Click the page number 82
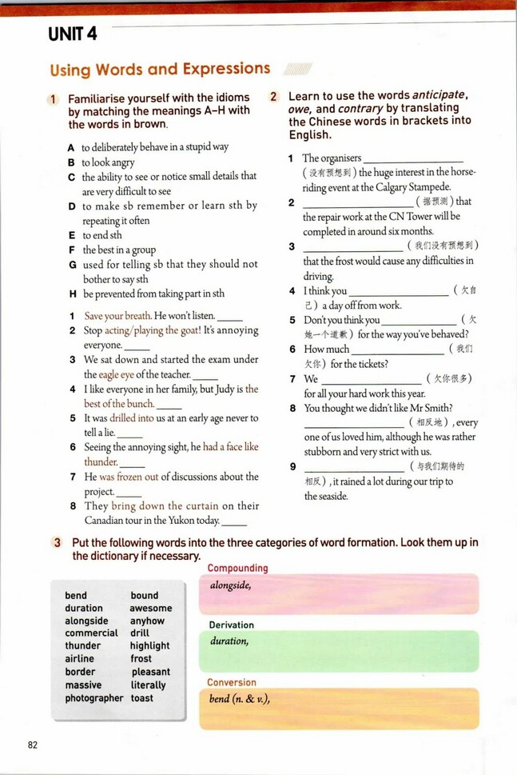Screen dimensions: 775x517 (33, 745)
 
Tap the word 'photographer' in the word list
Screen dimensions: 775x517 (94, 698)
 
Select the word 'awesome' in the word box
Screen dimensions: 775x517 (151, 608)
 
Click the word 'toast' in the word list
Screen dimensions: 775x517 (142, 698)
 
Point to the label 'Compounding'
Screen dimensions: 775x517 (237, 569)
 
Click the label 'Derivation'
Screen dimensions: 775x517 (231, 625)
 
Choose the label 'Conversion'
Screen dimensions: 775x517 (232, 682)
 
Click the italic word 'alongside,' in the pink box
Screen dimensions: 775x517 (231, 585)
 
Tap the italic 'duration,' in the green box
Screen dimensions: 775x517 (229, 641)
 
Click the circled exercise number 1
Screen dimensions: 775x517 (53, 99)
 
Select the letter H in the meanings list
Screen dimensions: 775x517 (72, 294)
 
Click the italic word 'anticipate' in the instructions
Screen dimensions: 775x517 (439, 95)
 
